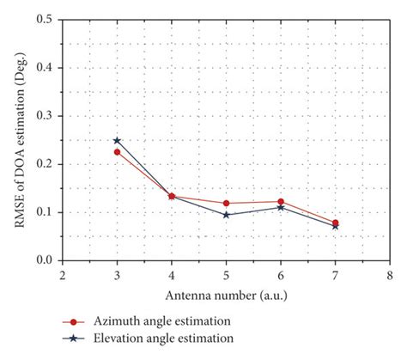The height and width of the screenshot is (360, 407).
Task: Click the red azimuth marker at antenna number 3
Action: (118, 152)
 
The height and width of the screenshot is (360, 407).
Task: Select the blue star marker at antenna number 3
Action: (118, 140)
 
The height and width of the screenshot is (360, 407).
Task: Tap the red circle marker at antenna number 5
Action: (226, 203)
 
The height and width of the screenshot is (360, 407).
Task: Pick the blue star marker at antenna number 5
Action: (226, 215)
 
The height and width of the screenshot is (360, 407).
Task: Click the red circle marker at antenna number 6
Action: (281, 201)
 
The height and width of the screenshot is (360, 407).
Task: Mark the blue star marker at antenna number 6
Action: (281, 207)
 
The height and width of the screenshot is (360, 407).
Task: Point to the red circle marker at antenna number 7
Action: (335, 223)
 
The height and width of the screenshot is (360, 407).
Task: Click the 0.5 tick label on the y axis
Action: (44, 19)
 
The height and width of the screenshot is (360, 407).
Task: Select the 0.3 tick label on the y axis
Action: (44, 115)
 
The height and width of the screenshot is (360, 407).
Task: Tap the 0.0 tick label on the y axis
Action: (44, 260)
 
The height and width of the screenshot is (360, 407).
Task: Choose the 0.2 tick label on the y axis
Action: (44, 164)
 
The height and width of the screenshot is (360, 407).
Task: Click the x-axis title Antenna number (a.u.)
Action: (226, 296)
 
